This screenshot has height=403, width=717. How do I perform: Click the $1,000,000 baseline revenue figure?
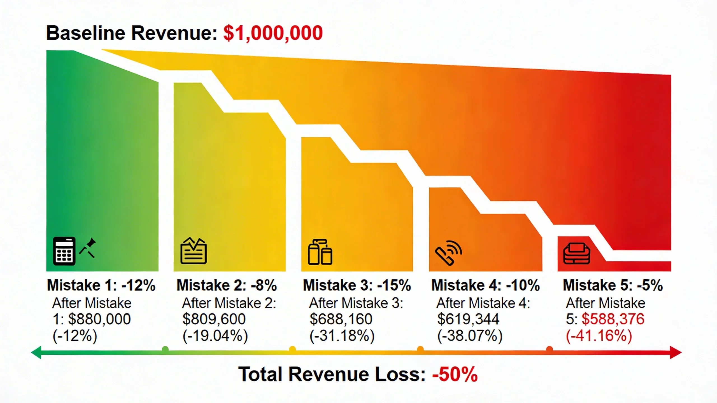pos(273,33)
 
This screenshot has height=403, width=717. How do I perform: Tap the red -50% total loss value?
pos(455,374)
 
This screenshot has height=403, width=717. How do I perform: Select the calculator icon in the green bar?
pos(64,251)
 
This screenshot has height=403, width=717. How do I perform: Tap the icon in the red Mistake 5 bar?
pos(577,253)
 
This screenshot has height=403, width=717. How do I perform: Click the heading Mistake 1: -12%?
pos(101,285)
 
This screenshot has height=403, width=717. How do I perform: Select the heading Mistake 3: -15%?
pos(357,285)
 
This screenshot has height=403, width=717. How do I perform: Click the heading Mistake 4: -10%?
pos(485,285)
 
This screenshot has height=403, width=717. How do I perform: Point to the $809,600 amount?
pos(214,319)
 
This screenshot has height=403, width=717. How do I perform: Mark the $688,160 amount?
pos(341,319)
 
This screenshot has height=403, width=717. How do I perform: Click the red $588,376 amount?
pos(613,319)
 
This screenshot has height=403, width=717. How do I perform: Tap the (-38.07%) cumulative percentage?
pos(470,336)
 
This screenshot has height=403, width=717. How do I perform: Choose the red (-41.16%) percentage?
pos(599,336)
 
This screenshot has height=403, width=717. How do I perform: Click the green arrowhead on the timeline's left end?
pos(36,352)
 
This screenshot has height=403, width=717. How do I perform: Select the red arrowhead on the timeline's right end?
pos(676,352)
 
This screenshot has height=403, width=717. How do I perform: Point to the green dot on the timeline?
pos(165,349)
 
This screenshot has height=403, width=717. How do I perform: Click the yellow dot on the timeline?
pos(292,349)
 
